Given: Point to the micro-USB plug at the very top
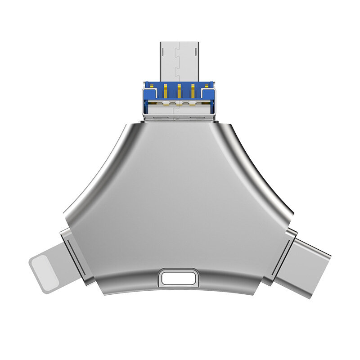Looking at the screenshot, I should [x=180, y=61].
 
